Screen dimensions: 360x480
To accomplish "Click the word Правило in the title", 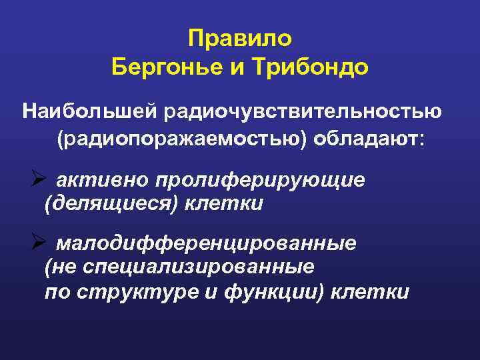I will pos(240,39).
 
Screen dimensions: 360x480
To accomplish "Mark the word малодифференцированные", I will pos(206,243).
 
